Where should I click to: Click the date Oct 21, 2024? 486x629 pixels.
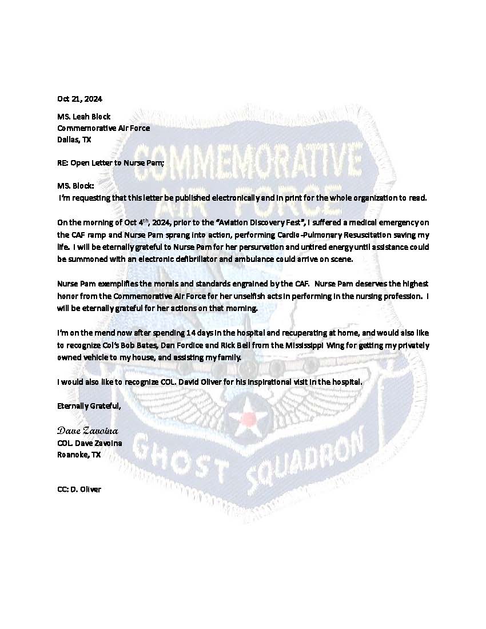pyautogui.click(x=79, y=99)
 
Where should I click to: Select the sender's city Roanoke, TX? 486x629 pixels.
pyautogui.click(x=79, y=455)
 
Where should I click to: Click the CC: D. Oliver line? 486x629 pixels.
pyautogui.click(x=79, y=489)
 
